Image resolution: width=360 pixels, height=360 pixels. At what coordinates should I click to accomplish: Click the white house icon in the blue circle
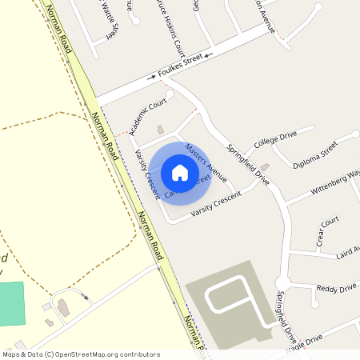point(180,172)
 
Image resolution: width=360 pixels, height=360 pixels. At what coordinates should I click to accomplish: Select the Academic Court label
point(146,118)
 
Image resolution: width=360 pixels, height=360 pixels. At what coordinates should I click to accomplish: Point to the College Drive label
point(275,138)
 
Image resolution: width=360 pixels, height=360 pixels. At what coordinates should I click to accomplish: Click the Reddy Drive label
point(336,288)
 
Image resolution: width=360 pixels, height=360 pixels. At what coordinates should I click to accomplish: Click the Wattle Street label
point(110,19)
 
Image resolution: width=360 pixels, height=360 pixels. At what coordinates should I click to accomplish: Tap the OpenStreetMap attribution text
point(81,354)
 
